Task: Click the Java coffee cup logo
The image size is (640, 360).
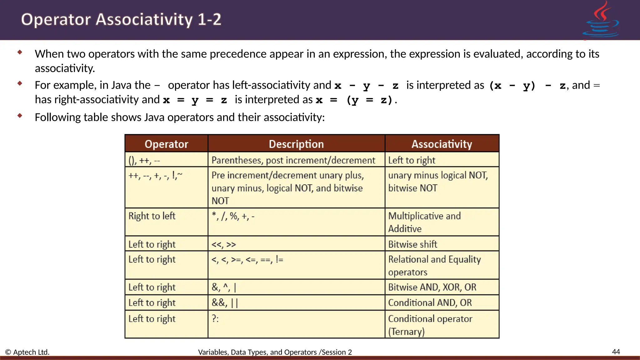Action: coord(601,20)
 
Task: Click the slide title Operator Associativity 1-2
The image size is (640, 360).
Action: coord(121,19)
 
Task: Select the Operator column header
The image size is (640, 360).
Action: coord(166,144)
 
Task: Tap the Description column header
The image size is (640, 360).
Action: coord(296,144)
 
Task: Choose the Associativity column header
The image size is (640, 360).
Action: coord(442,144)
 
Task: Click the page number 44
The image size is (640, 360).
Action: coord(616,352)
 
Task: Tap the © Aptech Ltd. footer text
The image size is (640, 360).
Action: coord(27,352)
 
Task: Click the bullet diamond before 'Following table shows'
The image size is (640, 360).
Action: coord(20,116)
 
